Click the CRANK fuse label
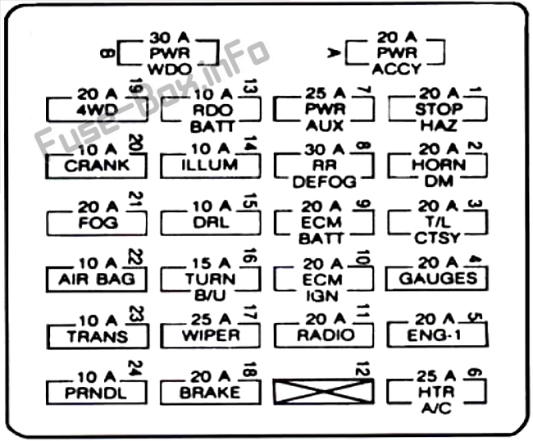pos(97,166)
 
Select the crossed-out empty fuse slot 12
pos(325,392)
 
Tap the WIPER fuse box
pos(211,335)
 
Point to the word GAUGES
pos(437,278)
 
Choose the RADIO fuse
pos(325,334)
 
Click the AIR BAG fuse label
pos(97,279)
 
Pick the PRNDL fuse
pos(97,392)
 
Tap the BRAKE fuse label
pos(211,392)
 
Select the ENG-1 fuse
pos(437,334)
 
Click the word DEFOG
pos(325,182)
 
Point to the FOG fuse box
pos(97,222)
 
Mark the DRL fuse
pos(211,222)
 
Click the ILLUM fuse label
pos(211,166)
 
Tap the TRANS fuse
pos(97,335)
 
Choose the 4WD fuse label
pos(97,109)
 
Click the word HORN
pos(437,165)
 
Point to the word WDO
pos(171,70)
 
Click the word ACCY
pos(398,70)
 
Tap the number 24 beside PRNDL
pos(134,369)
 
